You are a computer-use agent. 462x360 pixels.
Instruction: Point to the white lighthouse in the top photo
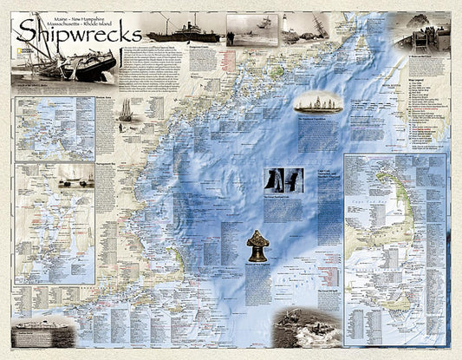tap(293, 26)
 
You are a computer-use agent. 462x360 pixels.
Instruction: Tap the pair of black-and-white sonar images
tap(283, 180)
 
